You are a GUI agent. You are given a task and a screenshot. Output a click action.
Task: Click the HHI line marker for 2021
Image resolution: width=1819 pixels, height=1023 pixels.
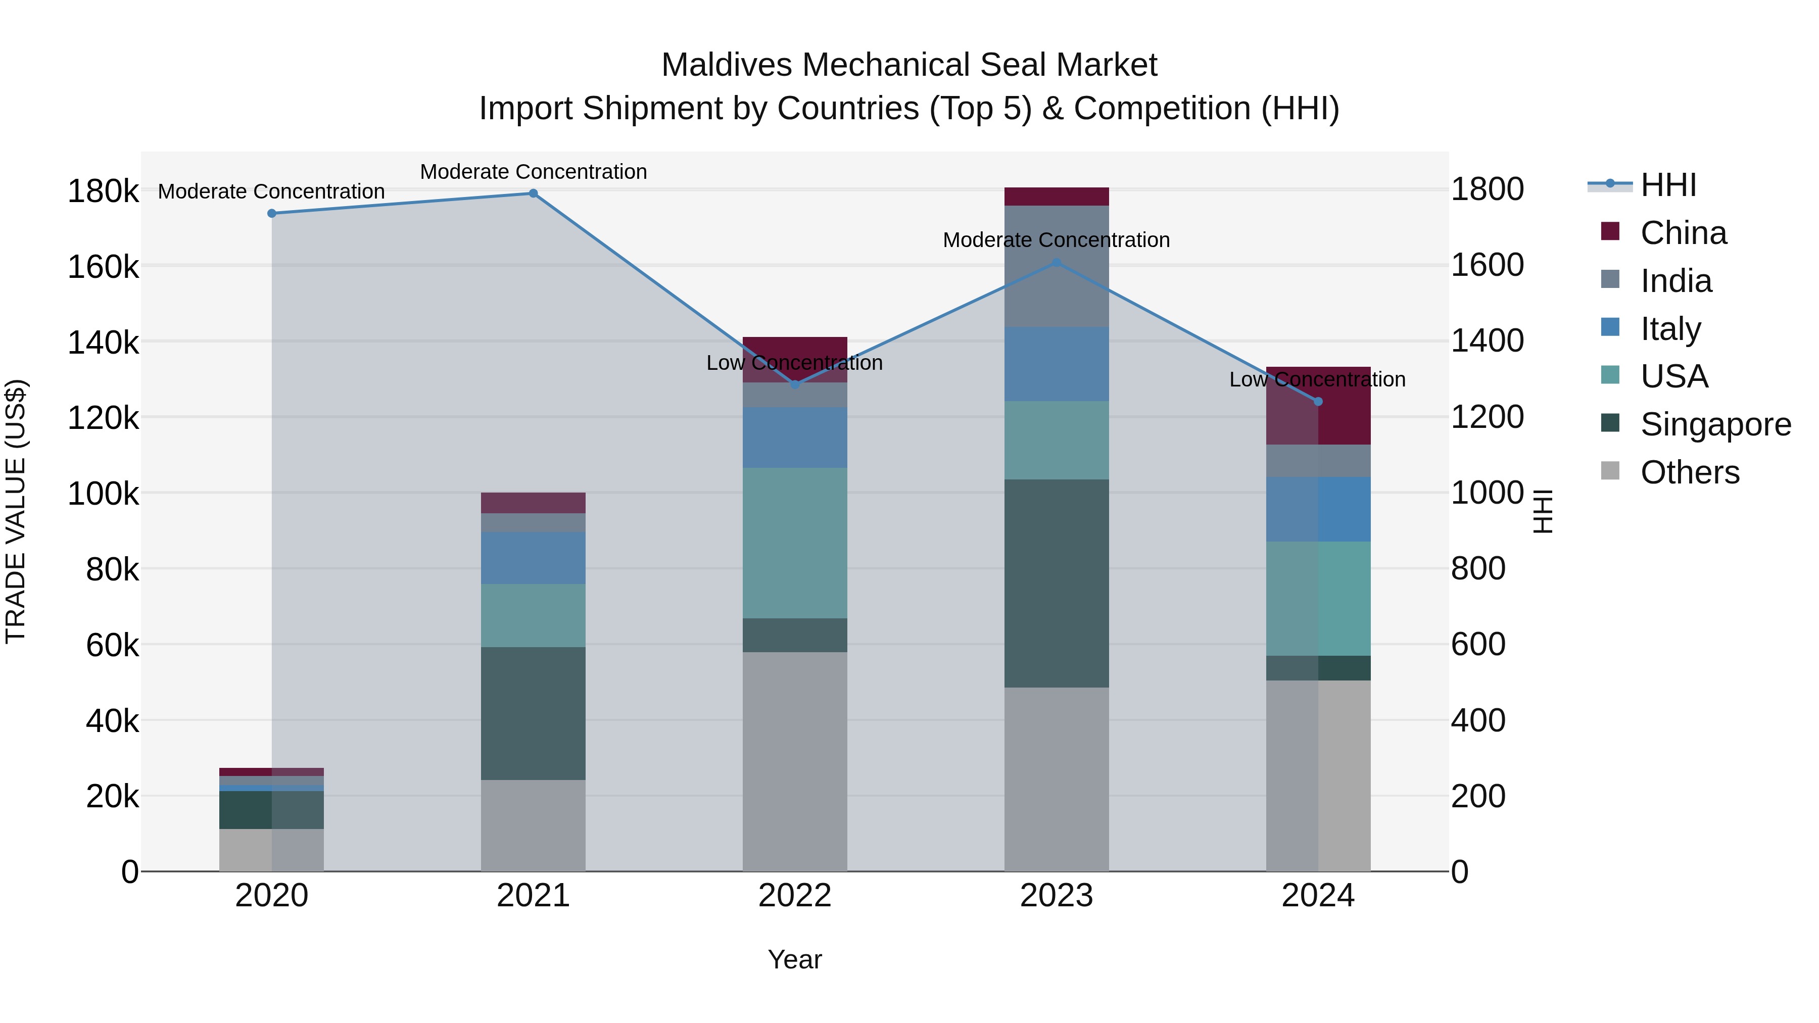[x=533, y=193]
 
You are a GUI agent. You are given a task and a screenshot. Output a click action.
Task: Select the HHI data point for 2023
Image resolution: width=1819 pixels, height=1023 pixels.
[x=1057, y=263]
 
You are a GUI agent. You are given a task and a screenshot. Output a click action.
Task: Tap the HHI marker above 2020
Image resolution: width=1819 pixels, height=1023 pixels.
[x=272, y=213]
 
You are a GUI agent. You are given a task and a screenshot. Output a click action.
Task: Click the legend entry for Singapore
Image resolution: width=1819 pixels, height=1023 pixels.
[x=1715, y=424]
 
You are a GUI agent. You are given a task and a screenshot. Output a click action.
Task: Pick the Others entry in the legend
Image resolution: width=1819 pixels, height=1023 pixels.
[x=1689, y=472]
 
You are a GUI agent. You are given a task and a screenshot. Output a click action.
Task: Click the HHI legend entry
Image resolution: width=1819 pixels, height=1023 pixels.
[x=1667, y=185]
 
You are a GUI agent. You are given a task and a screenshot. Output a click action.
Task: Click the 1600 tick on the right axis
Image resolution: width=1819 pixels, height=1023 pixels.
[x=1487, y=265]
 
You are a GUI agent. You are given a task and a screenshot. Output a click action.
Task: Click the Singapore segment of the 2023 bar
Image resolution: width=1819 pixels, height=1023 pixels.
[x=1057, y=583]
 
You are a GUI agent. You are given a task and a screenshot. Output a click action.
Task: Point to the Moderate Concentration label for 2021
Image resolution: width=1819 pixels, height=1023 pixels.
[x=533, y=172]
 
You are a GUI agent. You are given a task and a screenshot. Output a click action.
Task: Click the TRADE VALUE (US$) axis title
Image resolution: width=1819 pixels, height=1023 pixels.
[x=16, y=511]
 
